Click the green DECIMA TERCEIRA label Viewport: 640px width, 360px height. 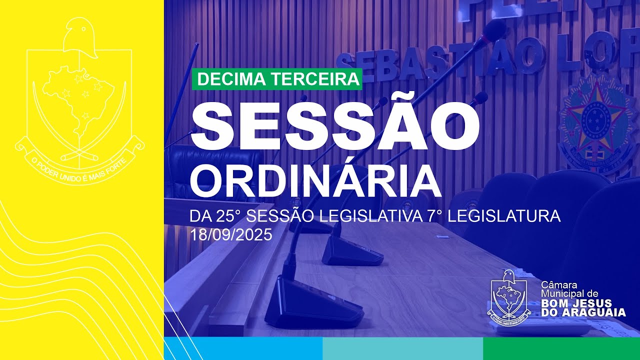277,79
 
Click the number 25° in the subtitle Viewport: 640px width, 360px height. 229,217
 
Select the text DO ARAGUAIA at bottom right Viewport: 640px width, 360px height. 583,312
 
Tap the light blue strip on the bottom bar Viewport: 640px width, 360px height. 243,348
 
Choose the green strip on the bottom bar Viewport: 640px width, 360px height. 561,348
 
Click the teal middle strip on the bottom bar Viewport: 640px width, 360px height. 402,348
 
